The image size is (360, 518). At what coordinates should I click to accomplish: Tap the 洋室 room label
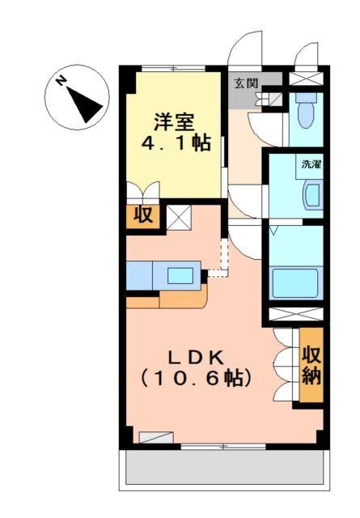point(174,122)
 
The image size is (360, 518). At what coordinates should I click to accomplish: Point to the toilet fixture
point(305,114)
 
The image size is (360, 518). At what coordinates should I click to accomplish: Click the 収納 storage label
point(312,366)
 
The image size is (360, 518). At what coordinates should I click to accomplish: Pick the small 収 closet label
point(143,215)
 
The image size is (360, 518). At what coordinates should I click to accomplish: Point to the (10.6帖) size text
point(195,377)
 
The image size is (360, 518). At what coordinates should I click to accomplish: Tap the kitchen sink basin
point(181,274)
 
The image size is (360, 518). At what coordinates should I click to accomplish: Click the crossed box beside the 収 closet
point(179,216)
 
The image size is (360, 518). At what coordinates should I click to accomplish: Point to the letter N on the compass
point(61,81)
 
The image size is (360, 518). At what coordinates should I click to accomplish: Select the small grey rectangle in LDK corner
point(155,438)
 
